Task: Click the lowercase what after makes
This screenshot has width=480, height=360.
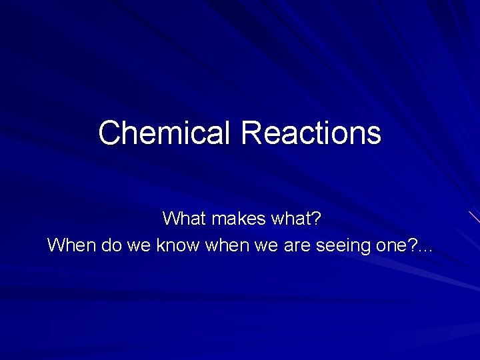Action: coord(294,218)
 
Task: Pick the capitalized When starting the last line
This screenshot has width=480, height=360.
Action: coord(71,245)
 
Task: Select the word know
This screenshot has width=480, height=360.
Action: coord(177,245)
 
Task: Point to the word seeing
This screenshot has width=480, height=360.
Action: coord(341,246)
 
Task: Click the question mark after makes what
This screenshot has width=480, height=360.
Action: coord(318,218)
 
